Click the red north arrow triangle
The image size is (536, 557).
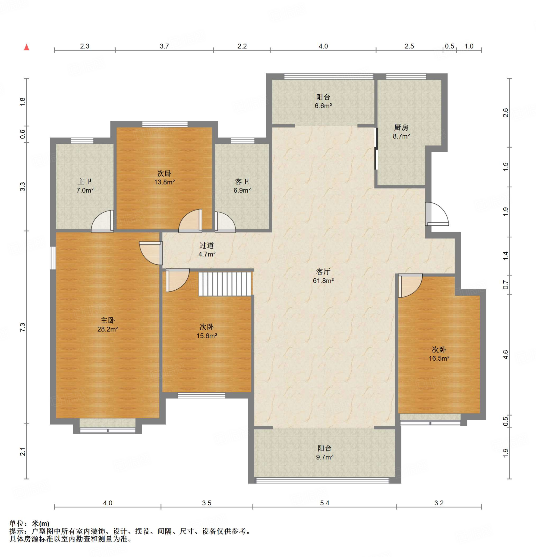[x=27, y=47]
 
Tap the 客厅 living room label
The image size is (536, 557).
[x=323, y=272]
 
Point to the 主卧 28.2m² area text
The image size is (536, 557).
[x=108, y=329]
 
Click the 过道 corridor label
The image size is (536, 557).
[x=207, y=245]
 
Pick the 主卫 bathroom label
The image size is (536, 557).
[x=85, y=181]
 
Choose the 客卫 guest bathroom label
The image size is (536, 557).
[x=242, y=181]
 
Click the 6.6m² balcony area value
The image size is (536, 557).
[x=323, y=106]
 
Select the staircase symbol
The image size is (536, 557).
[x=225, y=284]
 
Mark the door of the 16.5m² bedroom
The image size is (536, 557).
[x=410, y=285]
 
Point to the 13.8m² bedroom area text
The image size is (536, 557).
[x=164, y=182]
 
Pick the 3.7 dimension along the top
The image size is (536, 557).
[x=164, y=46]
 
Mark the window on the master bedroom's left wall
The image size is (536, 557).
[x=53, y=258]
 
